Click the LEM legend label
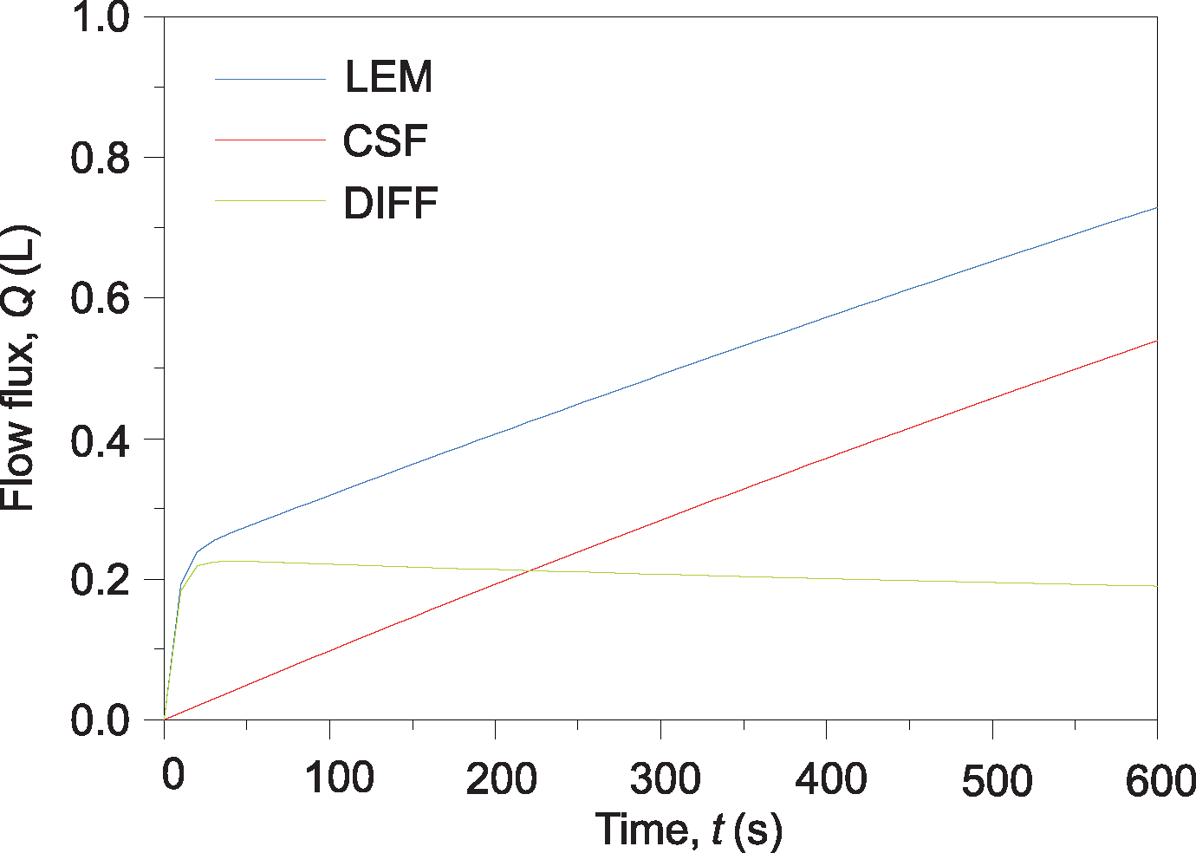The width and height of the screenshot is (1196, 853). coord(388,77)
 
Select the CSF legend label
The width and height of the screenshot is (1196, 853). coord(386,140)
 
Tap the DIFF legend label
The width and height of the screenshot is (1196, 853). coord(391,204)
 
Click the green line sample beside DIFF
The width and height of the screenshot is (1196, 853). coord(270,201)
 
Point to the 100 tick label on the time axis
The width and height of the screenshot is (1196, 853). coord(339,778)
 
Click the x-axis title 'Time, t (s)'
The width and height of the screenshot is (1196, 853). coord(688,830)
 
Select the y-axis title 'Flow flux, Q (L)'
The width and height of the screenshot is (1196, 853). coord(19,368)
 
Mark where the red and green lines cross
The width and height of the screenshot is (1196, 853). coord(530,570)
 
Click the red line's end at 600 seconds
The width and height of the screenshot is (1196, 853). coord(1156,342)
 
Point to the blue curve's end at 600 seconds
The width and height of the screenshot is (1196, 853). coord(1156,208)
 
